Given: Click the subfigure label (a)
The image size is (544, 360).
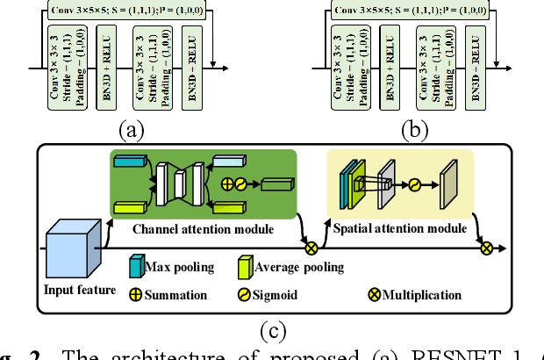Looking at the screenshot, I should [131, 131].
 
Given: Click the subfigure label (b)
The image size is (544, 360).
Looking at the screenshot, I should [412, 131].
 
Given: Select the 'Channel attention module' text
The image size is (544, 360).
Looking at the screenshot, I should [203, 229].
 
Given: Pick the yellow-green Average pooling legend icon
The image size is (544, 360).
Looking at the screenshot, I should [247, 266].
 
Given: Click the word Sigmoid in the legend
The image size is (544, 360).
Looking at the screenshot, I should [276, 295].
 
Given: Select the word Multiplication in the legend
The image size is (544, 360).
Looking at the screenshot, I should [422, 295].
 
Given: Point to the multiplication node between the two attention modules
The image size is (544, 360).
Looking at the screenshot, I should [309, 248].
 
